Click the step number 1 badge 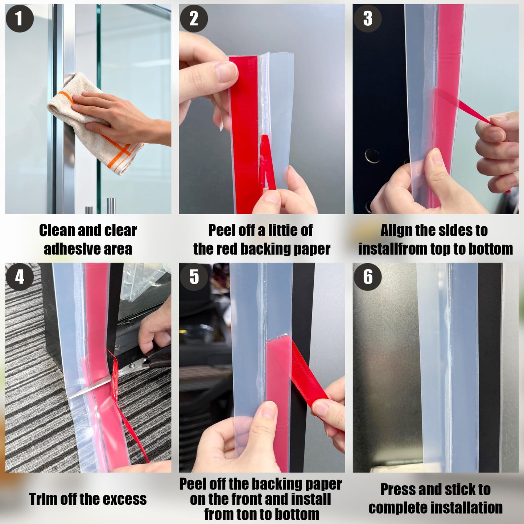20,18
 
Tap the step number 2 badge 194,18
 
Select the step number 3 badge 367,18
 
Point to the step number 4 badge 20,277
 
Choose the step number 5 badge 194,277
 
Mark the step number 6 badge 367,277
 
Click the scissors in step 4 145,363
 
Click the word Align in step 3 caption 396,231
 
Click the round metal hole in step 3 372,156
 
